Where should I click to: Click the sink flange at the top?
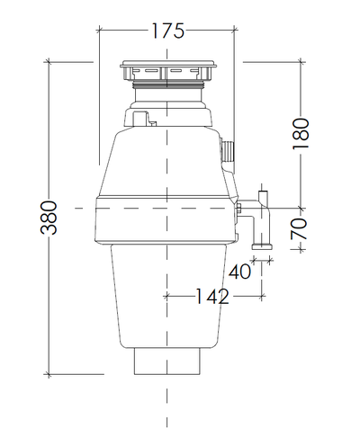pos(167,70)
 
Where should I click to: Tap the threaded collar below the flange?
pos(167,90)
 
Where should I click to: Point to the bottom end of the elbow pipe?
pos(260,245)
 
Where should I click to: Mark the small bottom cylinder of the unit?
pos(167,363)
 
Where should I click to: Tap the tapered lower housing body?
pos(167,297)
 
